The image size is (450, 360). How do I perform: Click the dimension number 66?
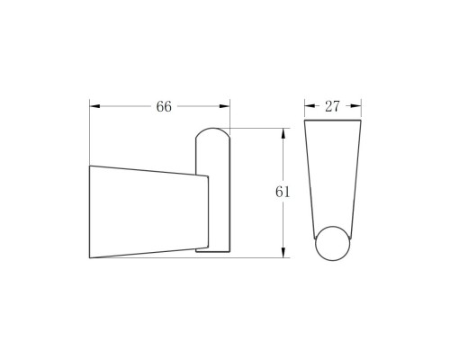pos(164,106)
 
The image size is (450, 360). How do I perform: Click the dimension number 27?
pos(332,106)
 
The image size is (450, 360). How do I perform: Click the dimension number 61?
pos(283,192)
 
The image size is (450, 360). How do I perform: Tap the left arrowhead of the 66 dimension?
pos(94,106)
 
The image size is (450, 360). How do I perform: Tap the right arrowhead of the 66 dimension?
pos(225,106)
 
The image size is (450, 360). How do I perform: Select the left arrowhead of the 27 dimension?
pos(310,106)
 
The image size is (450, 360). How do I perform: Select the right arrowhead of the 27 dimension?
pos(355,106)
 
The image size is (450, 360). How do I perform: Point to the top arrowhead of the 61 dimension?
pos(283,133)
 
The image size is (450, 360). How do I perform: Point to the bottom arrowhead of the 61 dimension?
pos(283,252)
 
